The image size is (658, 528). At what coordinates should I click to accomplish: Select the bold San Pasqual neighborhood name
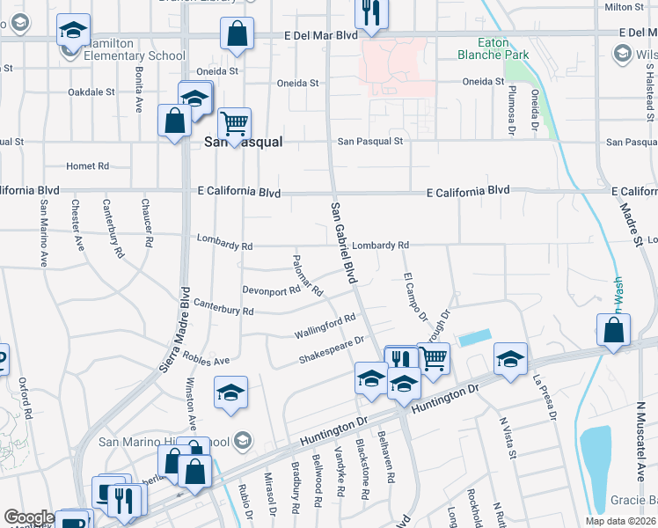pyautogui.click(x=243, y=142)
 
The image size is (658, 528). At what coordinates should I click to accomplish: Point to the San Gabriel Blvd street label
pyautogui.click(x=344, y=242)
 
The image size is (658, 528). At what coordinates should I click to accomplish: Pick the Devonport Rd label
pyautogui.click(x=271, y=290)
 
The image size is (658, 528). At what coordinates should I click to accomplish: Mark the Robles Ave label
pyautogui.click(x=207, y=360)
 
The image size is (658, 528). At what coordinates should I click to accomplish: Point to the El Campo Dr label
pyautogui.click(x=415, y=299)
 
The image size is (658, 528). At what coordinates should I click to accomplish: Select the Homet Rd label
pyautogui.click(x=88, y=165)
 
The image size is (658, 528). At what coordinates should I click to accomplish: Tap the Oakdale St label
pyautogui.click(x=91, y=92)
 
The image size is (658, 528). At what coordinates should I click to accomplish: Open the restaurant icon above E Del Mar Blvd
pyautogui.click(x=371, y=13)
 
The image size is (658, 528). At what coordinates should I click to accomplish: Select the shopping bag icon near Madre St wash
pyautogui.click(x=613, y=330)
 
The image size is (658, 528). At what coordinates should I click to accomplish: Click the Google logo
pyautogui.click(x=28, y=518)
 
